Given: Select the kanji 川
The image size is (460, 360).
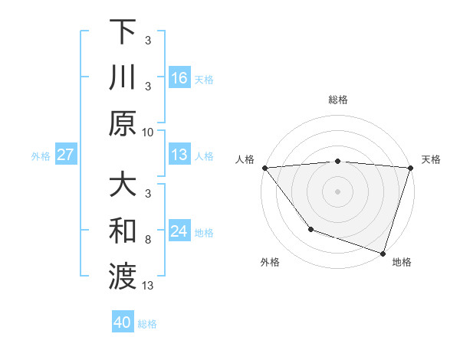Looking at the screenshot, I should coord(123,77).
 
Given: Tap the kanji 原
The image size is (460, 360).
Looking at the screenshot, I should coord(123,123).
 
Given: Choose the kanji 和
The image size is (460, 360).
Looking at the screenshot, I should coord(123,231).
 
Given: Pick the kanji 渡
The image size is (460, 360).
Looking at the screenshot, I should coord(123,277).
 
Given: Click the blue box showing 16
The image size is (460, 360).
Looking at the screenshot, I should coord(179,78).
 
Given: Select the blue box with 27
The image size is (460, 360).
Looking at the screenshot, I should coord(66,155).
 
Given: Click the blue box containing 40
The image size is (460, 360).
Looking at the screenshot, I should coord(123,323).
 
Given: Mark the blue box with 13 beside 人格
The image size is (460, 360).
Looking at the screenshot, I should coord(179,155).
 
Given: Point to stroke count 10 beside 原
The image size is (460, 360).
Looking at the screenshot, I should coord(148,132).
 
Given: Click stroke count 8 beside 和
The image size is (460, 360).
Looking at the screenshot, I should coord(148,240).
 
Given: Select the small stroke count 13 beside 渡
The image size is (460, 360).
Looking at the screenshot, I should coord(148,286).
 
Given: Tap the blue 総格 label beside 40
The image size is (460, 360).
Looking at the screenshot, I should coord(147,324).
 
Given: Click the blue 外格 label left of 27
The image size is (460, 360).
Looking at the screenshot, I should coord(41,156).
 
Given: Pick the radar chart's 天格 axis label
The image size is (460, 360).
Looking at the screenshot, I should coord(431,159).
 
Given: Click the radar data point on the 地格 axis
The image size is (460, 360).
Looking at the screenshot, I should coord(383,253).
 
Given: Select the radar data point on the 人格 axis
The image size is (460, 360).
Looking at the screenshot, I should coord(264,168).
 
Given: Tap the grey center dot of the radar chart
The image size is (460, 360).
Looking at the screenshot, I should coord(337,191).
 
